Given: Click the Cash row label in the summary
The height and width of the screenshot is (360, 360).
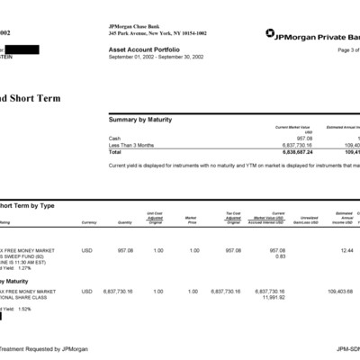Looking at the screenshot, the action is (x=113, y=138).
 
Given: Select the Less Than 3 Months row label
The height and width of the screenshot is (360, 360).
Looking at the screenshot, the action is (x=128, y=144).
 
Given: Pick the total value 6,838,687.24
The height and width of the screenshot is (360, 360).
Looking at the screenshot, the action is (x=295, y=151).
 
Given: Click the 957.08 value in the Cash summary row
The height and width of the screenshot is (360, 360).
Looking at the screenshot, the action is (x=303, y=138).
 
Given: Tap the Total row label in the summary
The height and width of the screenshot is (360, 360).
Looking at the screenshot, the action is (x=114, y=151).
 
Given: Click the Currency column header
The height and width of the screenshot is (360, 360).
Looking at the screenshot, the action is (x=88, y=221).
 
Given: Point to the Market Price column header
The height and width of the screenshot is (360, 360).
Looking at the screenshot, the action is (x=191, y=219).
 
